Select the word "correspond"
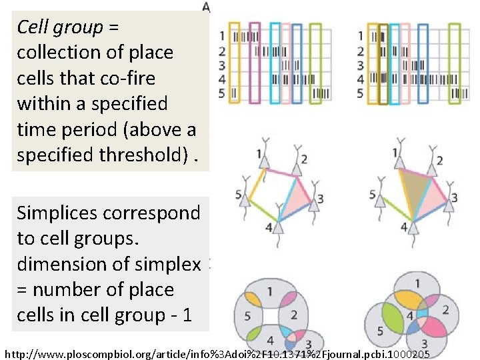(x=164, y=213)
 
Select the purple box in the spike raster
(x=254, y=64)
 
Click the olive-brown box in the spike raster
(x=383, y=64)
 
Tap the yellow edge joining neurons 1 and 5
(x=255, y=183)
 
